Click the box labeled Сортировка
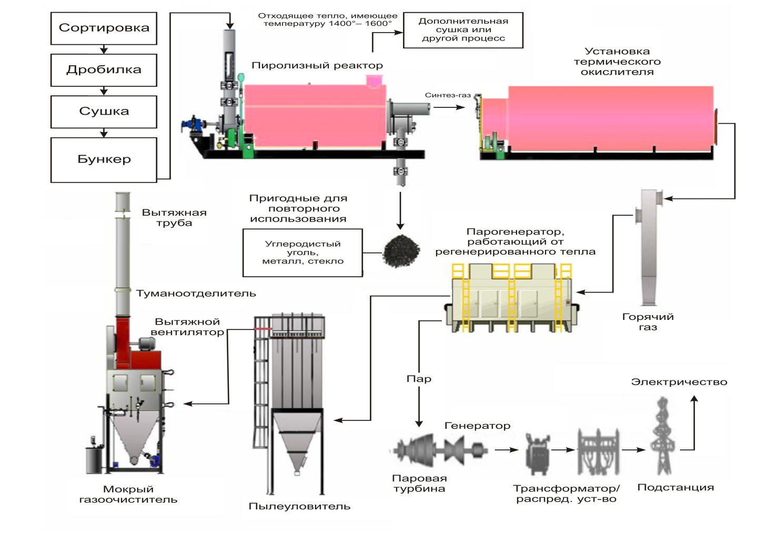pos(104,28)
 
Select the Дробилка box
pos(104,69)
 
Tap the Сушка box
pos(104,111)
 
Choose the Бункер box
pos(104,159)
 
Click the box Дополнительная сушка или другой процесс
pos(463,30)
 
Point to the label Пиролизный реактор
pos(317,66)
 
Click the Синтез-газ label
pos(447,95)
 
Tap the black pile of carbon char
pos(401,251)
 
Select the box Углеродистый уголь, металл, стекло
pos(302,253)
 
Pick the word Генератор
pos(477,426)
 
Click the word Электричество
pos(679,382)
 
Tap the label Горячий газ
pos(648,322)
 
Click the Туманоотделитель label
pos(196,294)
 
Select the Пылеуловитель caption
pos(299,507)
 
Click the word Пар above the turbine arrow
pos(419,379)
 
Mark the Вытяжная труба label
pos(174,218)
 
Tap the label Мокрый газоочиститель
pos(128,495)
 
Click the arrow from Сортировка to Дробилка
pos(104,49)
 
